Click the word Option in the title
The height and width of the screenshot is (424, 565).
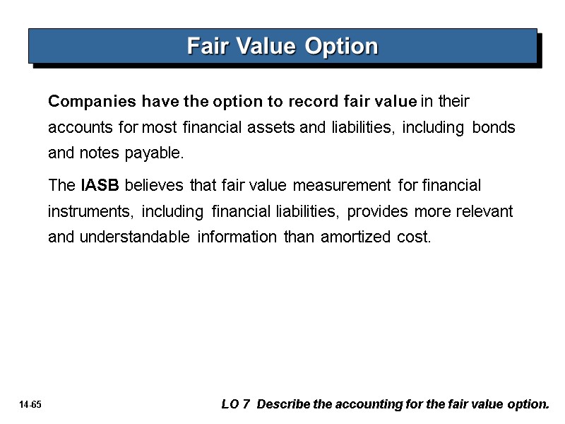342,47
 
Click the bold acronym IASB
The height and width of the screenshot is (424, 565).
100,186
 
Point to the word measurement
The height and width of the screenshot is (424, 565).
342,186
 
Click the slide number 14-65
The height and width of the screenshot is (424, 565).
32,406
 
